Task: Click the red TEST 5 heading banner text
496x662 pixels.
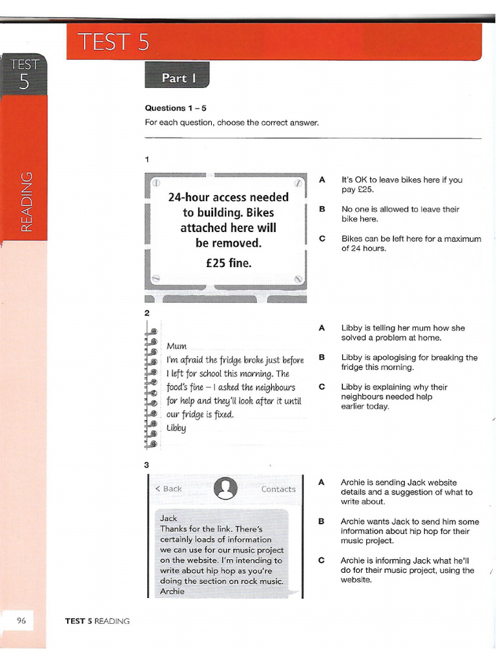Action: tap(114, 42)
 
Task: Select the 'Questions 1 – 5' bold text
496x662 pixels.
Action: tap(175, 108)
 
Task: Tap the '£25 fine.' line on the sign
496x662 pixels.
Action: tap(228, 262)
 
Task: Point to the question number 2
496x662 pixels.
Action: tap(147, 313)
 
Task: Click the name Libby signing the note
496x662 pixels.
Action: tap(176, 427)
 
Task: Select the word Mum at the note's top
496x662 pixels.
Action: tap(176, 346)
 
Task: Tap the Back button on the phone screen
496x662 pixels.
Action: tap(169, 489)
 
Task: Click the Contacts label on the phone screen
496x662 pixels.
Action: tap(278, 489)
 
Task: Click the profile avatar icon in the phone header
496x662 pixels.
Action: tap(225, 488)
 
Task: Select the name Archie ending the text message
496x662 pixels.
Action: tap(172, 591)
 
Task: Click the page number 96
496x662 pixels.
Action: tap(21, 621)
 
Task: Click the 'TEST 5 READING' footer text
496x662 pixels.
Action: tap(98, 621)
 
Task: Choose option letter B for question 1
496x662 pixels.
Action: tap(322, 209)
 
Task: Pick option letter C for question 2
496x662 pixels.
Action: tap(322, 387)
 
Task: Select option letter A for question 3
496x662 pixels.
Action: tap(322, 482)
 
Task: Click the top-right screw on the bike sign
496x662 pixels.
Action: tap(298, 183)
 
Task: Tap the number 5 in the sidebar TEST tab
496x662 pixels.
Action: tap(24, 82)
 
